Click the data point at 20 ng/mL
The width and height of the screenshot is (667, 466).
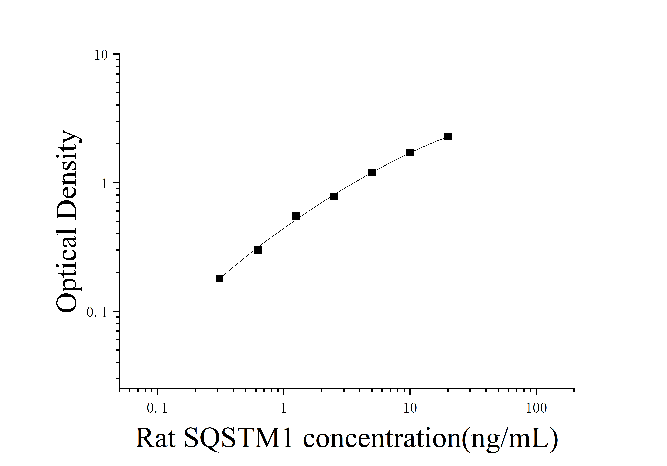[x=448, y=137]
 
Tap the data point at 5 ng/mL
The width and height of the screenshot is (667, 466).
[x=372, y=172]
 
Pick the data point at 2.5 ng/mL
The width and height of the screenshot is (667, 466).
[x=334, y=197]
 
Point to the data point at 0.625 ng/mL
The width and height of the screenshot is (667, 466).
[x=258, y=250]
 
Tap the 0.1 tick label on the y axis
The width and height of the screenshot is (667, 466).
[x=97, y=312]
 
